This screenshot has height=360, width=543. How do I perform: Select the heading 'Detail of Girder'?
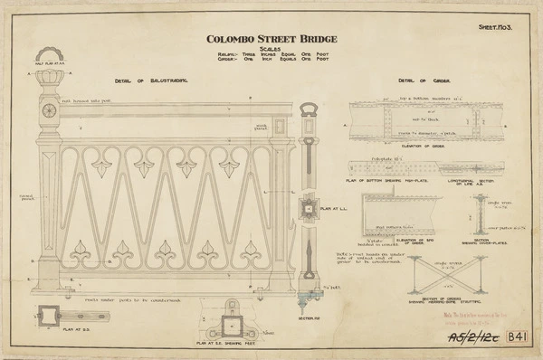(420, 81)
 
